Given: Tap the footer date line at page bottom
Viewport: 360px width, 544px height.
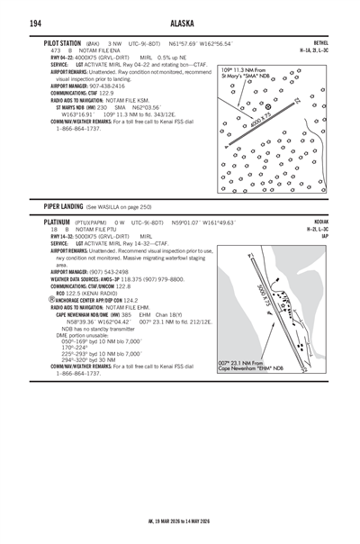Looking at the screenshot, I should (x=179, y=521).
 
